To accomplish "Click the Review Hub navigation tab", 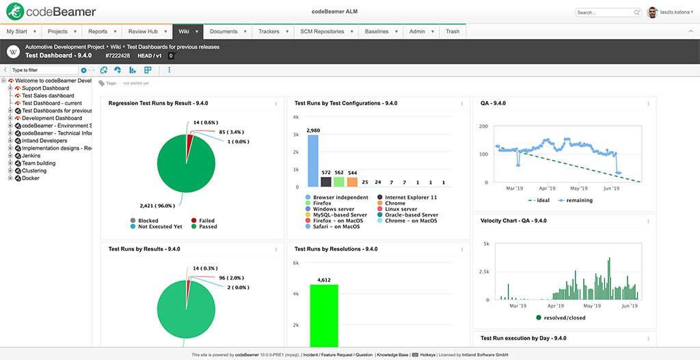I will point(143,31).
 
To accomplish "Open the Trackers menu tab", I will point(269,31).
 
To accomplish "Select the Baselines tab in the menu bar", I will point(377,31).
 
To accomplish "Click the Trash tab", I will point(453,31).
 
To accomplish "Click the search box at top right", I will point(604,12).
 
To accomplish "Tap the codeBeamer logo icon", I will point(15,12).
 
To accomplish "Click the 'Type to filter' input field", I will point(44,70).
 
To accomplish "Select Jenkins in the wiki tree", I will point(31,156).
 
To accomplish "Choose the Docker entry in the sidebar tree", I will point(31,178).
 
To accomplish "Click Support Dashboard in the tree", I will point(45,88).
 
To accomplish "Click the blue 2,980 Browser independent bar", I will point(313,161).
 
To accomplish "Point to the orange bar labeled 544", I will point(352,182).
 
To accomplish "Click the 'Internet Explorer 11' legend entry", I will point(410,197).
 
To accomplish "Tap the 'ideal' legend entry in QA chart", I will point(542,200).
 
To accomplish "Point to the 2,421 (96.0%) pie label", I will point(155,204).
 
